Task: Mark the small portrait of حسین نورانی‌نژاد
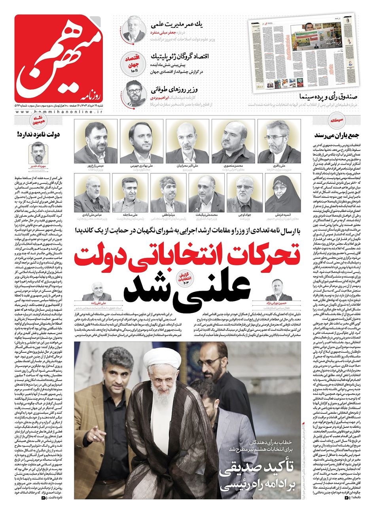click(279, 291)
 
